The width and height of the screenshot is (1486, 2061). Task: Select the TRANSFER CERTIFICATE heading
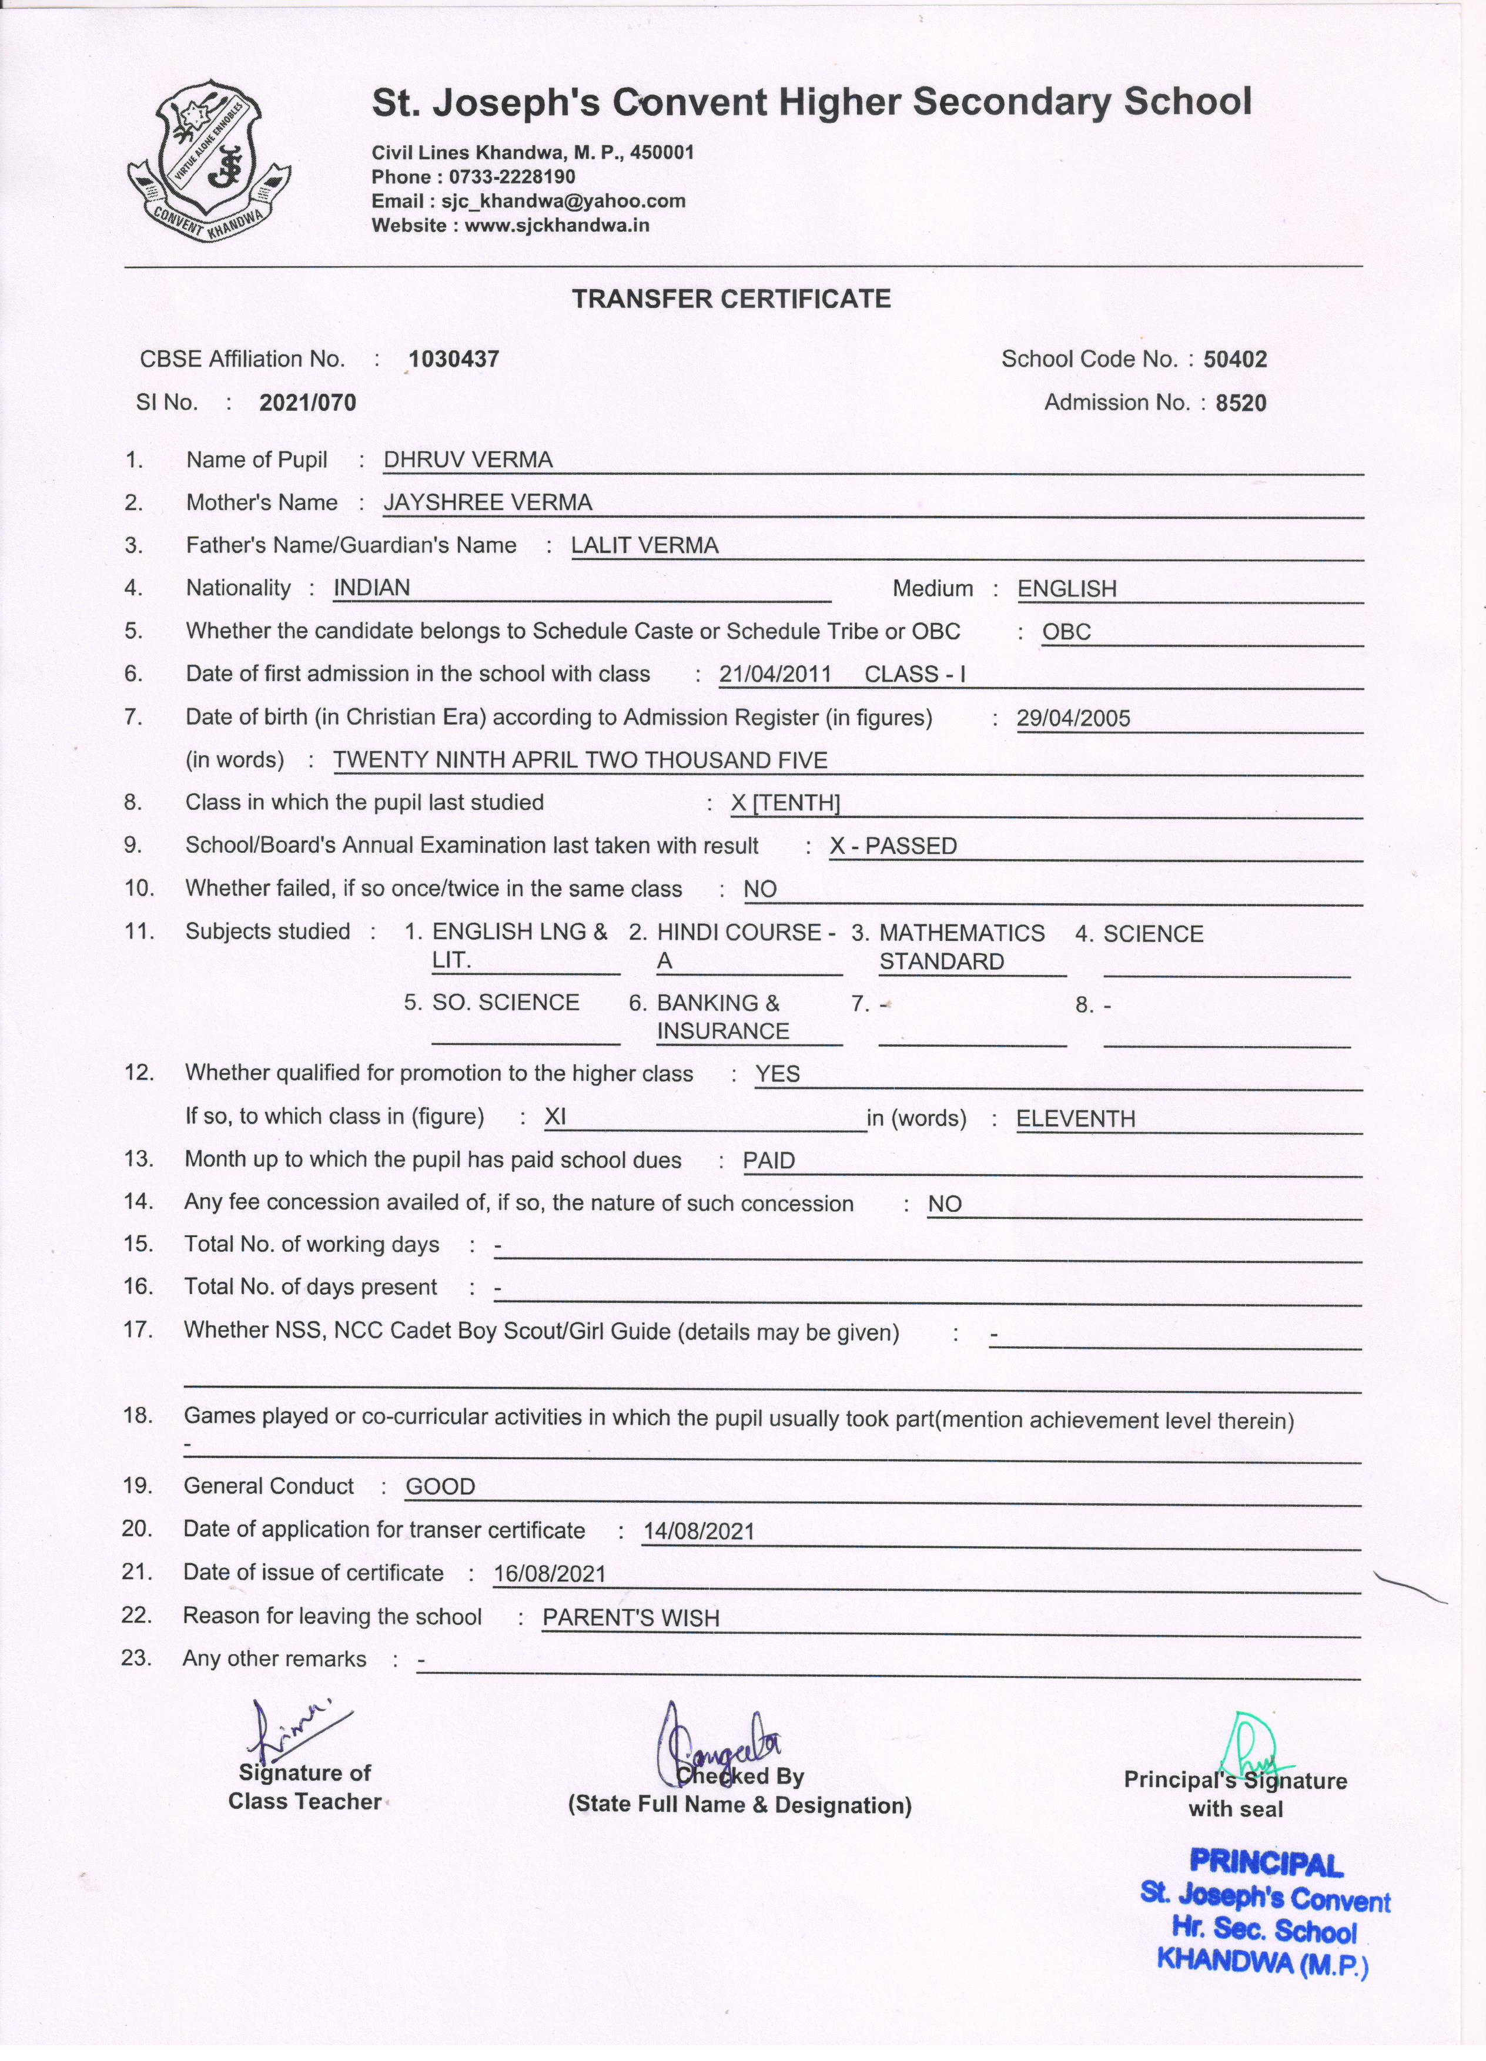(x=731, y=299)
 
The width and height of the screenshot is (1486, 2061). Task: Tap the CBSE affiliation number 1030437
(x=454, y=359)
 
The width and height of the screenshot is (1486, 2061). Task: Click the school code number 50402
(x=1234, y=359)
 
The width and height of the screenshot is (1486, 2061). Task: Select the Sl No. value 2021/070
(x=307, y=403)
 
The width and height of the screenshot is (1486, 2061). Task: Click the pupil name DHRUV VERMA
(x=468, y=460)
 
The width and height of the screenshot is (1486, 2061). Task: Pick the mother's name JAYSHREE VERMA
(x=487, y=502)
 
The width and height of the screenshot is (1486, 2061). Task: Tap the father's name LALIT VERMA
(x=644, y=545)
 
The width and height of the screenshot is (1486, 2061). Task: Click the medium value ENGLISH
(x=1066, y=589)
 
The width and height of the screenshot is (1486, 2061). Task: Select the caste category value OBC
(x=1066, y=632)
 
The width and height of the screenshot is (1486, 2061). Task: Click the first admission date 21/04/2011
(x=774, y=674)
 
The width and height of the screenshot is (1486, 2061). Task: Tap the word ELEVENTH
(x=1075, y=1118)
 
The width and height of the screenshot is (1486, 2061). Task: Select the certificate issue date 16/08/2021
(x=549, y=1574)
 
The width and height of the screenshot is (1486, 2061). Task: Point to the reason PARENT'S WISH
(x=631, y=1617)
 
